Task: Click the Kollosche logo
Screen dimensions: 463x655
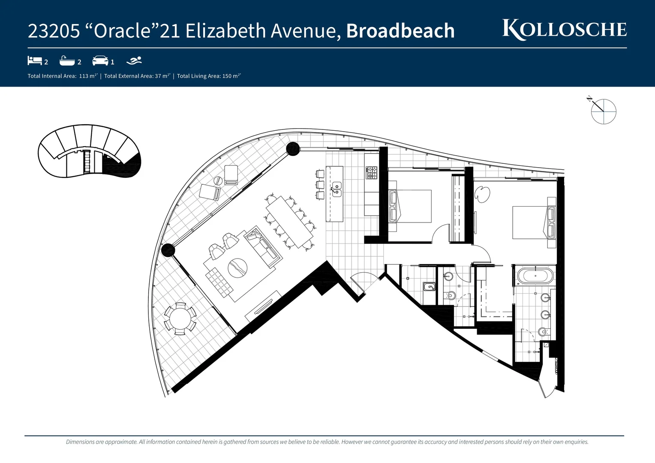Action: click(564, 30)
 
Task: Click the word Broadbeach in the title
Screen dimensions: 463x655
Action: click(400, 31)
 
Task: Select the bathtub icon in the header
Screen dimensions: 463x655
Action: click(67, 61)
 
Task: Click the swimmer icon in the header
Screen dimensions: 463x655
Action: click(134, 60)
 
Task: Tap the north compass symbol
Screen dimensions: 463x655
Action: click(603, 111)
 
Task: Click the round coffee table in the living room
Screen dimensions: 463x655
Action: click(237, 269)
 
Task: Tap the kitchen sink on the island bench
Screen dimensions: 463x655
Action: click(337, 189)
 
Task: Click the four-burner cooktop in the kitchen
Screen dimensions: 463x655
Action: click(371, 173)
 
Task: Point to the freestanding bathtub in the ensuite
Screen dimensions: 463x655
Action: click(535, 276)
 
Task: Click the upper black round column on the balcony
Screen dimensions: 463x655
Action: click(293, 149)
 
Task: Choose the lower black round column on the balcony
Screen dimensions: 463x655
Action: click(168, 250)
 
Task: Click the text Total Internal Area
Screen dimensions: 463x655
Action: click(52, 76)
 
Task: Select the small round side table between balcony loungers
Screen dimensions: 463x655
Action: click(217, 180)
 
